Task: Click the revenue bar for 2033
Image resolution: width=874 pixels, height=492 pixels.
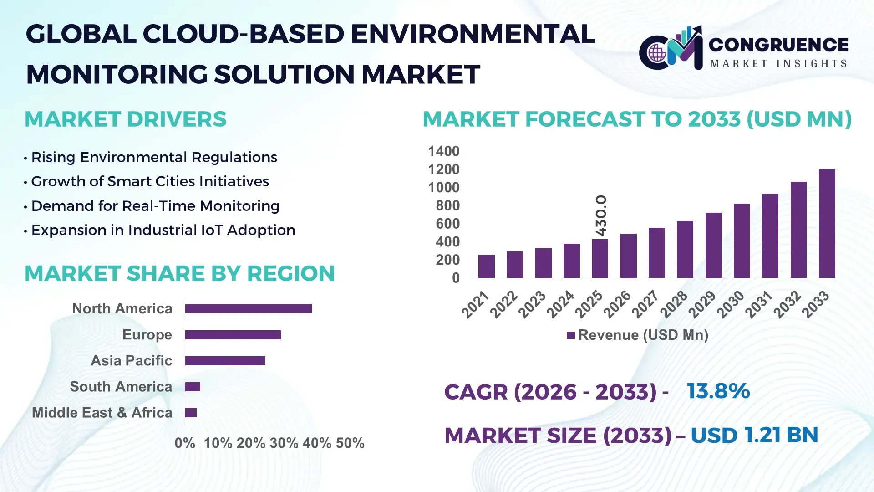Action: [827, 223]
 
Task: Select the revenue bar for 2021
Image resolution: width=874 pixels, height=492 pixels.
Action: [486, 266]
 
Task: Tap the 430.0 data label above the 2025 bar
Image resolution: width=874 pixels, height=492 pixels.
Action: [601, 215]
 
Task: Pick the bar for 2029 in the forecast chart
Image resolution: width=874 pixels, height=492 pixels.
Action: [713, 246]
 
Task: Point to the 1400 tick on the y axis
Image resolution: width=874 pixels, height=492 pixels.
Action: [443, 151]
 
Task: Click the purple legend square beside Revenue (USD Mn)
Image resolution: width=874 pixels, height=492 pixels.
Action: [571, 336]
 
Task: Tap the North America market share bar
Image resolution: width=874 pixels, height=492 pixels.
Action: [248, 309]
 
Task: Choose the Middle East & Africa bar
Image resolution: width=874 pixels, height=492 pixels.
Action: [191, 413]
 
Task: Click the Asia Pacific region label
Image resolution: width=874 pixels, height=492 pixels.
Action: [131, 361]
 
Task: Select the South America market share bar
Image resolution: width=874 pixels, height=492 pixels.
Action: [193, 387]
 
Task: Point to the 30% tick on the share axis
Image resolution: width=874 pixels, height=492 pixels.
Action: [284, 443]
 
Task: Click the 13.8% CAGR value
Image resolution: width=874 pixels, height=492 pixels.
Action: [718, 391]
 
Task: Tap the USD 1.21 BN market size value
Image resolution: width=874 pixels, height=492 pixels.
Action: [754, 435]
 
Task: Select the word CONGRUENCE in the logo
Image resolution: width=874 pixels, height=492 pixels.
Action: [778, 45]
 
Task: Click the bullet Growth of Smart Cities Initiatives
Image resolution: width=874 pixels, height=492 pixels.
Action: [150, 182]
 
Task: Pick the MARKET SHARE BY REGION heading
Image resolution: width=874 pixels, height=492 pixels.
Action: [179, 274]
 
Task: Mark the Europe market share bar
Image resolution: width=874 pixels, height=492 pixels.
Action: [233, 335]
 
